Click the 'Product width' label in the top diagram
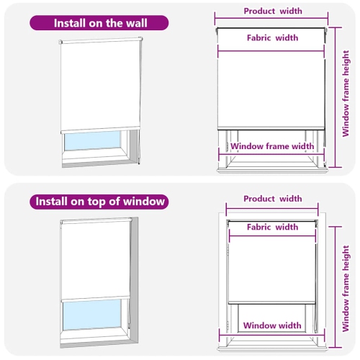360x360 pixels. pos(273,11)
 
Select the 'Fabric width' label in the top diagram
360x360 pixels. pos(273,37)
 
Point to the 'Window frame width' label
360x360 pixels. pos(272,146)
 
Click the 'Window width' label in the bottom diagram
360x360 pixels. pos(272,325)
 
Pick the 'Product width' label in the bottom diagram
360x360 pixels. pos(273,199)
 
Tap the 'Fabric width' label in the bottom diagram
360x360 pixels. pos(273,227)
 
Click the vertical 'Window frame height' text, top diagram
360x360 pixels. pos(346,88)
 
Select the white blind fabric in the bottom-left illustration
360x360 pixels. pos(95,259)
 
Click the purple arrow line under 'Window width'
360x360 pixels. pos(272,336)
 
